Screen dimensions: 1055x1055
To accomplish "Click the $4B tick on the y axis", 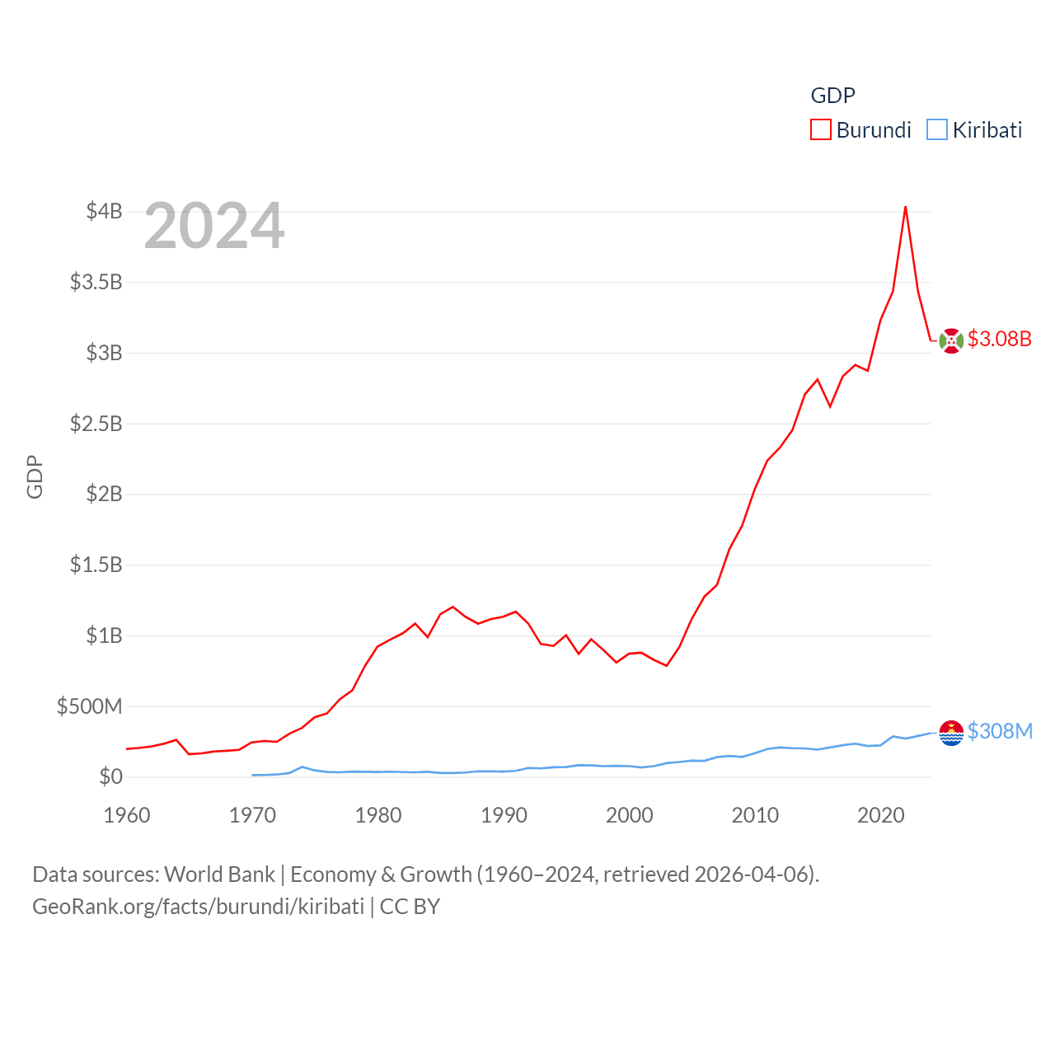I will [104, 211].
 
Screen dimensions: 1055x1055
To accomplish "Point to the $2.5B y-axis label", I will [96, 424].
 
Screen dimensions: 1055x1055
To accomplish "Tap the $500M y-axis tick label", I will [89, 706].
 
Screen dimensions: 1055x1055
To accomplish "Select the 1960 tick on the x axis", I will [127, 815].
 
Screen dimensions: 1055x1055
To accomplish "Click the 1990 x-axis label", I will [504, 815].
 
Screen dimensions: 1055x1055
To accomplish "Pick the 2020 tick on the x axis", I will [881, 815].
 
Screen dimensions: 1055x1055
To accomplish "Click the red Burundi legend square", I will [821, 130].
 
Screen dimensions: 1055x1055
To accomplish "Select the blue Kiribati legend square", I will [937, 130].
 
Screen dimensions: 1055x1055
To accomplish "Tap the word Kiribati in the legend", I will [987, 130].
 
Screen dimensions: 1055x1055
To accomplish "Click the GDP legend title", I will [833, 96].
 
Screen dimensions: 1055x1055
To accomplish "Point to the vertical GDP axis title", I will [35, 476].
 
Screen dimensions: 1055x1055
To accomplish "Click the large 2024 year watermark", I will [214, 226].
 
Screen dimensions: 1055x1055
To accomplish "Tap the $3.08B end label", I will [1000, 339].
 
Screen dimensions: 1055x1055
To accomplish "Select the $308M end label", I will [1000, 731].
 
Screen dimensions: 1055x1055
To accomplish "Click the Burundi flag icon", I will [951, 340].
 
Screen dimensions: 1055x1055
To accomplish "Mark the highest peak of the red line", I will [906, 207].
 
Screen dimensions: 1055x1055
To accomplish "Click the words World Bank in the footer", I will [219, 874].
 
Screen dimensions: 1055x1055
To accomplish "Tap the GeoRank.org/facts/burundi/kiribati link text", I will [198, 907].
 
